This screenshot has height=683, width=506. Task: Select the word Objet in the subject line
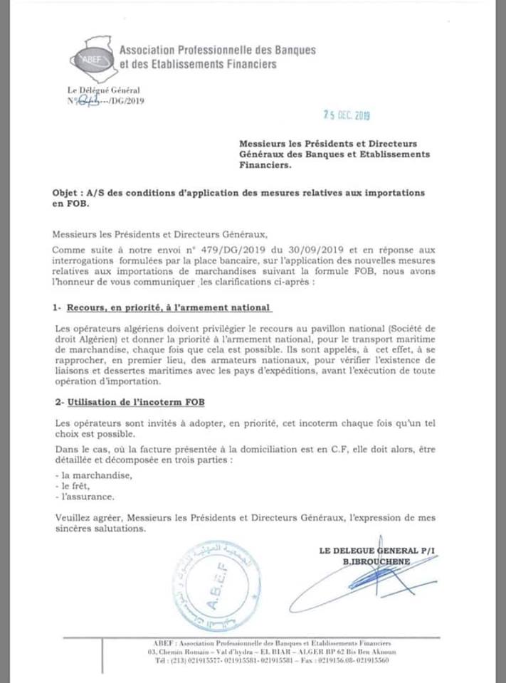pyautogui.click(x=68, y=192)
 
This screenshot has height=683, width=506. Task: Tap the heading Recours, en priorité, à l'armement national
pyautogui.click(x=169, y=309)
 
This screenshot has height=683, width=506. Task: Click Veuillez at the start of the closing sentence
pyautogui.click(x=73, y=519)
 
